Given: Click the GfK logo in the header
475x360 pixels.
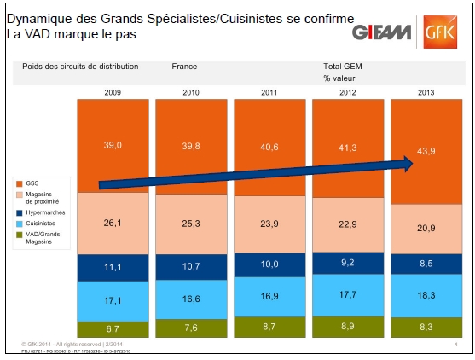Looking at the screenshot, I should tap(443, 32).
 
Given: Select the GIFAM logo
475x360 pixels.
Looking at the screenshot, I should tap(382, 32).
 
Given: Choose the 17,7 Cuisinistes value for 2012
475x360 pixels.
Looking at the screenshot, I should tap(346, 296).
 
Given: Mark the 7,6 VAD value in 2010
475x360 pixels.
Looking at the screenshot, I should tap(190, 329).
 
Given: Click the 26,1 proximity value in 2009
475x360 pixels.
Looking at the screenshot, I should tap(112, 224).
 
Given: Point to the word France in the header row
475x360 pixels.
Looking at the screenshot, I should tap(184, 66).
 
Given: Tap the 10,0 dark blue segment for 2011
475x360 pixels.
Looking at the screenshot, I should tap(269, 264).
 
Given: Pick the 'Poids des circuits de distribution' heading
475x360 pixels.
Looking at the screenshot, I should tap(80, 66).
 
